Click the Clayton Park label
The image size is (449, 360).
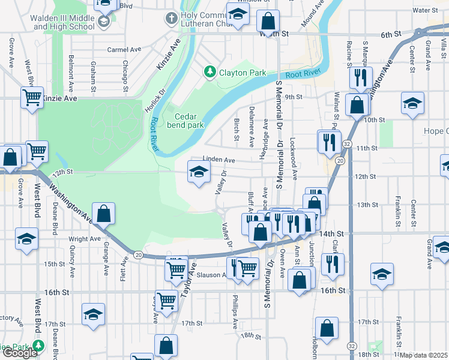pyautogui.click(x=243, y=73)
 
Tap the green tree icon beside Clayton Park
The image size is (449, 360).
pyautogui.click(x=209, y=73)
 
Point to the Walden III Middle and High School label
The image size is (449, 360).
pyautogui.click(x=64, y=23)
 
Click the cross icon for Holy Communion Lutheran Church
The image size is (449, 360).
pyautogui.click(x=171, y=18)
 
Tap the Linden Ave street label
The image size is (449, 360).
pyautogui.click(x=218, y=160)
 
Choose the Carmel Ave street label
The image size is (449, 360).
pyautogui.click(x=124, y=50)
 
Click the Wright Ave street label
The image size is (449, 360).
pyautogui.click(x=85, y=239)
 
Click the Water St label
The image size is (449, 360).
pyautogui.click(x=425, y=10)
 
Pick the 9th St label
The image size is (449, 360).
pyautogui.click(x=292, y=97)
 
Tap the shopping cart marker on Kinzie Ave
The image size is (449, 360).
pyautogui.click(x=32, y=97)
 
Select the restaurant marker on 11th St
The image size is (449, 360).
pyautogui.click(x=329, y=142)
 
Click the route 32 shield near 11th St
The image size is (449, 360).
pyautogui.click(x=348, y=145)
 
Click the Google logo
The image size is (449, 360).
pyautogui.click(x=20, y=353)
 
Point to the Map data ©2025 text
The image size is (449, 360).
pyautogui.click(x=424, y=355)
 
